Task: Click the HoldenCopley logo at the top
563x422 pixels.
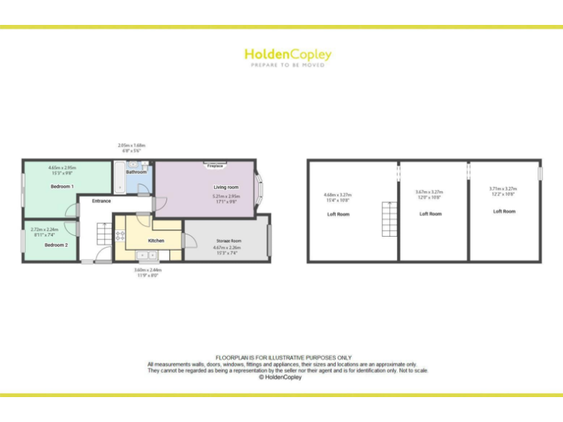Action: click(287, 54)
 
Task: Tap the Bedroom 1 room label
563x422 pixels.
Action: click(62, 187)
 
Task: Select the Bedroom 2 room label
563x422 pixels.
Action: click(56, 245)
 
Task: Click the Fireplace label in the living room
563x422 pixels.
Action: click(215, 166)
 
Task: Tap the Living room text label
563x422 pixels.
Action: click(226, 188)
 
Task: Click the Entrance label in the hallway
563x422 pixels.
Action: click(101, 201)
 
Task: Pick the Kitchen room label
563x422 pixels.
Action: click(156, 240)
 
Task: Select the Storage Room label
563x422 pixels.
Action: click(229, 240)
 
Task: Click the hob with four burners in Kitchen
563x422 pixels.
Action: click(120, 236)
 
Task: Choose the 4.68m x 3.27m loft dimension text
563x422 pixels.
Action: click(337, 196)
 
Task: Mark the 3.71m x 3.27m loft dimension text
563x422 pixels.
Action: click(503, 191)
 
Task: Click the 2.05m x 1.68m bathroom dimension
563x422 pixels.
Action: click(132, 147)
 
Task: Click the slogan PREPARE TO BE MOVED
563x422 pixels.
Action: click(287, 65)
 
